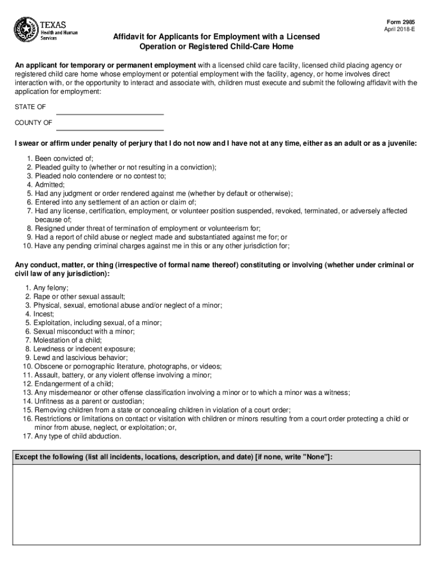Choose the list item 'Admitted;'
pyautogui.click(x=49, y=184)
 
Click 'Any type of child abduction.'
pyautogui.click(x=77, y=436)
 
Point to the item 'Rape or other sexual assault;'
pyautogui.click(x=79, y=296)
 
